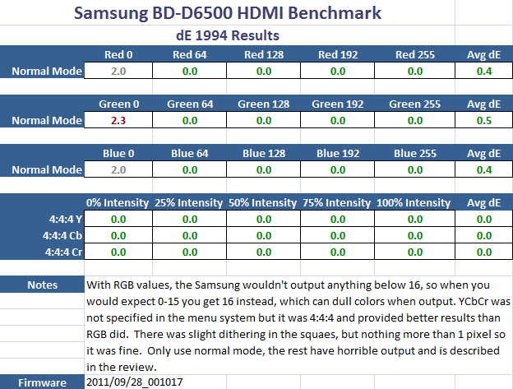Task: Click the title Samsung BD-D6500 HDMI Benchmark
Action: tap(256, 14)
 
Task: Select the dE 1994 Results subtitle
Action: tap(256, 35)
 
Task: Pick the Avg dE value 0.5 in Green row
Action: tap(485, 120)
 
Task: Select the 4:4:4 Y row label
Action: tap(65, 220)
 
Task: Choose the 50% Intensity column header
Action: tap(264, 203)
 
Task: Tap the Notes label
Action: tap(42, 285)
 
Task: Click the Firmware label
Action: tap(42, 382)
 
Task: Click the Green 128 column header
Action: tap(264, 104)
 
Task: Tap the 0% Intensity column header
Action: tap(118, 203)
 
